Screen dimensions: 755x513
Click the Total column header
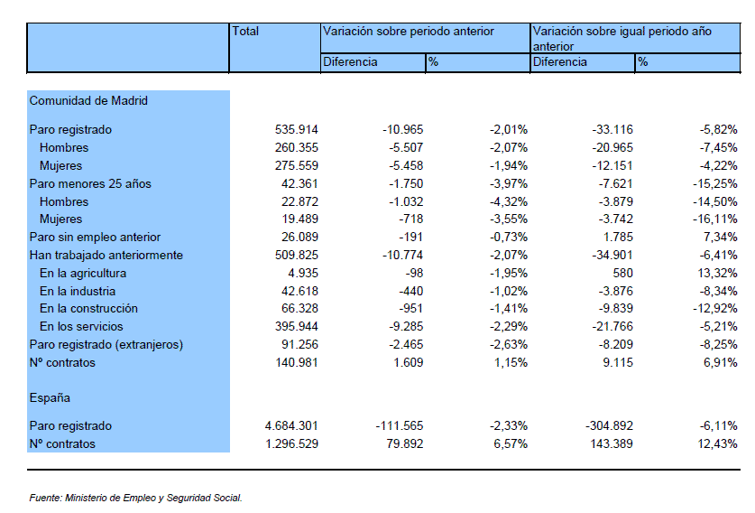click(245, 32)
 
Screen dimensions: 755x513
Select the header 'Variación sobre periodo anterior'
click(409, 32)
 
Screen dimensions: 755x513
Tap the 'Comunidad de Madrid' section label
click(88, 101)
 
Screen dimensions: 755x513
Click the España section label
click(50, 397)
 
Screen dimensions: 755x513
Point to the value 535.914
click(297, 130)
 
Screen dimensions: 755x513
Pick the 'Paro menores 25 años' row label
click(90, 183)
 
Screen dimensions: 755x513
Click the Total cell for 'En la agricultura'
click(303, 274)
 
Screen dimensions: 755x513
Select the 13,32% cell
click(717, 274)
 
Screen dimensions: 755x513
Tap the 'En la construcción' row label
click(88, 309)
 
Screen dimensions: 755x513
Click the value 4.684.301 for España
click(291, 426)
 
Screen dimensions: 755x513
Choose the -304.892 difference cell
click(609, 426)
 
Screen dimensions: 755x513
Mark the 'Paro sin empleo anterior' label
click(95, 238)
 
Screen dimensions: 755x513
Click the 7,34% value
click(721, 238)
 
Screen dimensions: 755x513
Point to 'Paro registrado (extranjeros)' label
click(106, 345)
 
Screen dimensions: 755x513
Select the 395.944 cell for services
click(297, 326)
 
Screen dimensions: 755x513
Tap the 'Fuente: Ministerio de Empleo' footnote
click(136, 498)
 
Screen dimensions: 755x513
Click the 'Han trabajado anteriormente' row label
click(106, 255)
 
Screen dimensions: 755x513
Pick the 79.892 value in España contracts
click(404, 444)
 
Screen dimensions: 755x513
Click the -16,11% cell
click(715, 219)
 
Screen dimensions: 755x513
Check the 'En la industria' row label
click(78, 291)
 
